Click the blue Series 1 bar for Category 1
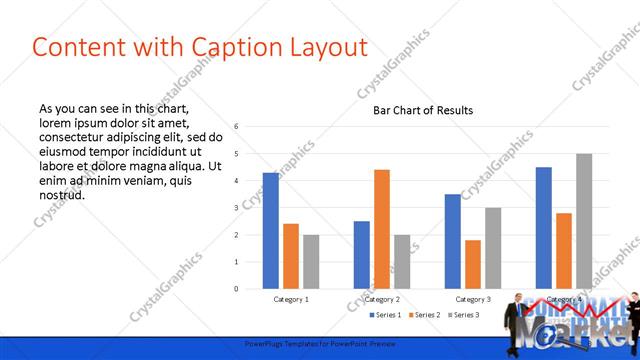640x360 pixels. (x=271, y=231)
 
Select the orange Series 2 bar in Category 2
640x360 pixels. (x=382, y=229)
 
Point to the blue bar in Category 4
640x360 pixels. (x=544, y=228)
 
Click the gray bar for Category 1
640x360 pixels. (x=311, y=262)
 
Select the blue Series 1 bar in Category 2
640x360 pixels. (x=362, y=255)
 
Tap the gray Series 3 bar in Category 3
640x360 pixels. (x=493, y=248)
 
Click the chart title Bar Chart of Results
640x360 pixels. (x=423, y=110)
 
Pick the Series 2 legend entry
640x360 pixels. (x=425, y=316)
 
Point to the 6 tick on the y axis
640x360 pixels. (x=236, y=127)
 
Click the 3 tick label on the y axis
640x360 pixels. (x=236, y=208)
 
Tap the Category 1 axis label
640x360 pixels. (x=291, y=299)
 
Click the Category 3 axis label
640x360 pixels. (x=473, y=299)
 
